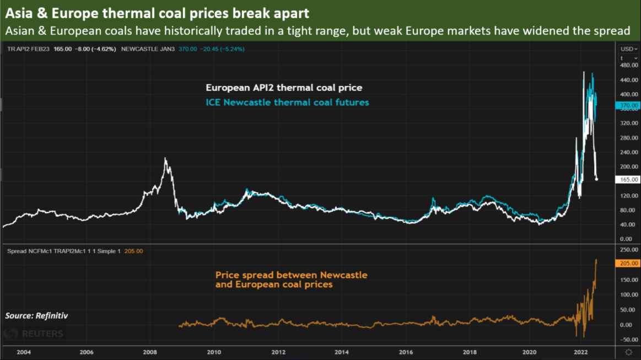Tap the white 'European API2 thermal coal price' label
(284, 88)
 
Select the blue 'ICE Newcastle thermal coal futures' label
(287, 102)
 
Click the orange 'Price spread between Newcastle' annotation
(291, 275)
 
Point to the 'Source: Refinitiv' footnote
(36, 316)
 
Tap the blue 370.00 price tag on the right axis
(628, 105)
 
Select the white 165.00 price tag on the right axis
(628, 180)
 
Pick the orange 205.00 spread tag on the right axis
(628, 264)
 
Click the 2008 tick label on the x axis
(150, 352)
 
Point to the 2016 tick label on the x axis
(406, 352)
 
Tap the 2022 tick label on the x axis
(580, 352)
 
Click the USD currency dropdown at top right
(627, 49)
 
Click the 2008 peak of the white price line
(165, 159)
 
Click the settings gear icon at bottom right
(628, 352)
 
